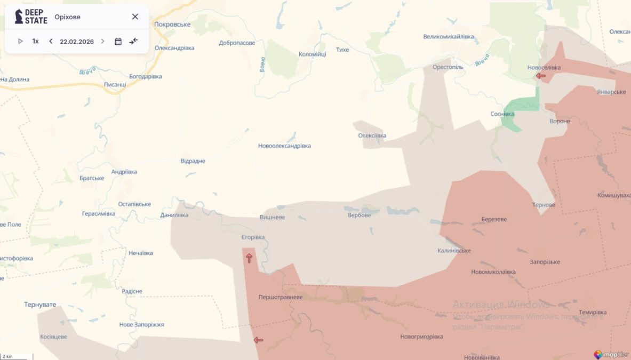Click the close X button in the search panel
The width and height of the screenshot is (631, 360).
[135, 17]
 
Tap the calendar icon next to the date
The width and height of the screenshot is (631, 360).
[118, 41]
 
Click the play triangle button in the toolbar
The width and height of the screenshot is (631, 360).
[20, 41]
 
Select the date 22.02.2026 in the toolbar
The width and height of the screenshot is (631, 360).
[77, 41]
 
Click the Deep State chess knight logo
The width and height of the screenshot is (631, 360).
[19, 16]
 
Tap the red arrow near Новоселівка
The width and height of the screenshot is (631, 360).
[541, 76]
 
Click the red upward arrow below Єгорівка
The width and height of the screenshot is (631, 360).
[249, 258]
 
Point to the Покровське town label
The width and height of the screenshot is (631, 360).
[172, 25]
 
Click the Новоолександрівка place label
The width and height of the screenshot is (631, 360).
[284, 146]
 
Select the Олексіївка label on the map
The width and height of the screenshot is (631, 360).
[372, 135]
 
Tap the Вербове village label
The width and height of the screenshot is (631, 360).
[359, 215]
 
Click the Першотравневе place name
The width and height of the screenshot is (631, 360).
[280, 297]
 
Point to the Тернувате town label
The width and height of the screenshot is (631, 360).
[40, 305]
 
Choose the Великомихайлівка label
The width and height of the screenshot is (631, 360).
[449, 37]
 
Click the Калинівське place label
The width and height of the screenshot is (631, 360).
[454, 251]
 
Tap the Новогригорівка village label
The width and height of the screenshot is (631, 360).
[421, 337]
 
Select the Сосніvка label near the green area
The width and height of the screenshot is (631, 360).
[502, 114]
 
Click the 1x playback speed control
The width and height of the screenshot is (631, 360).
[35, 41]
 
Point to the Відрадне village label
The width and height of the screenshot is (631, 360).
[193, 161]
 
